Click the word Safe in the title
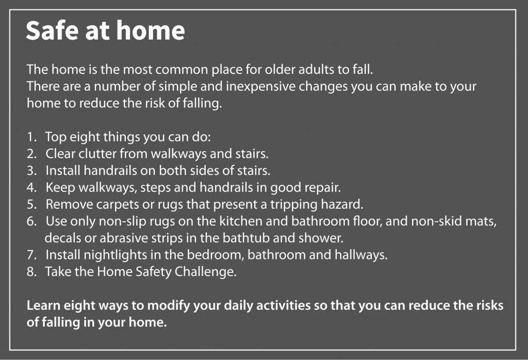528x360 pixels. coord(53,30)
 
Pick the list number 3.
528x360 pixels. coord(31,171)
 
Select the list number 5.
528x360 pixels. coord(31,204)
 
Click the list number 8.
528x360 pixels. coord(31,272)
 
